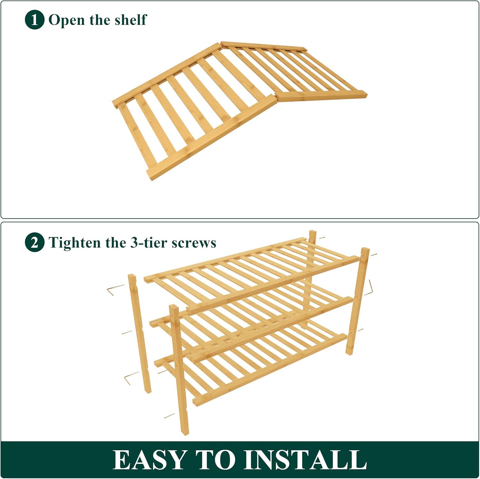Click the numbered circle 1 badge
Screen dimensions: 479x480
tap(34, 20)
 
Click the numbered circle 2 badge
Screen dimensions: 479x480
tap(34, 242)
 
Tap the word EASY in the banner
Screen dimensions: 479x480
tap(150, 460)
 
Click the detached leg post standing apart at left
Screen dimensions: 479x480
tap(139, 333)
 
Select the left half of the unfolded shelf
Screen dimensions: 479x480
tap(192, 112)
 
